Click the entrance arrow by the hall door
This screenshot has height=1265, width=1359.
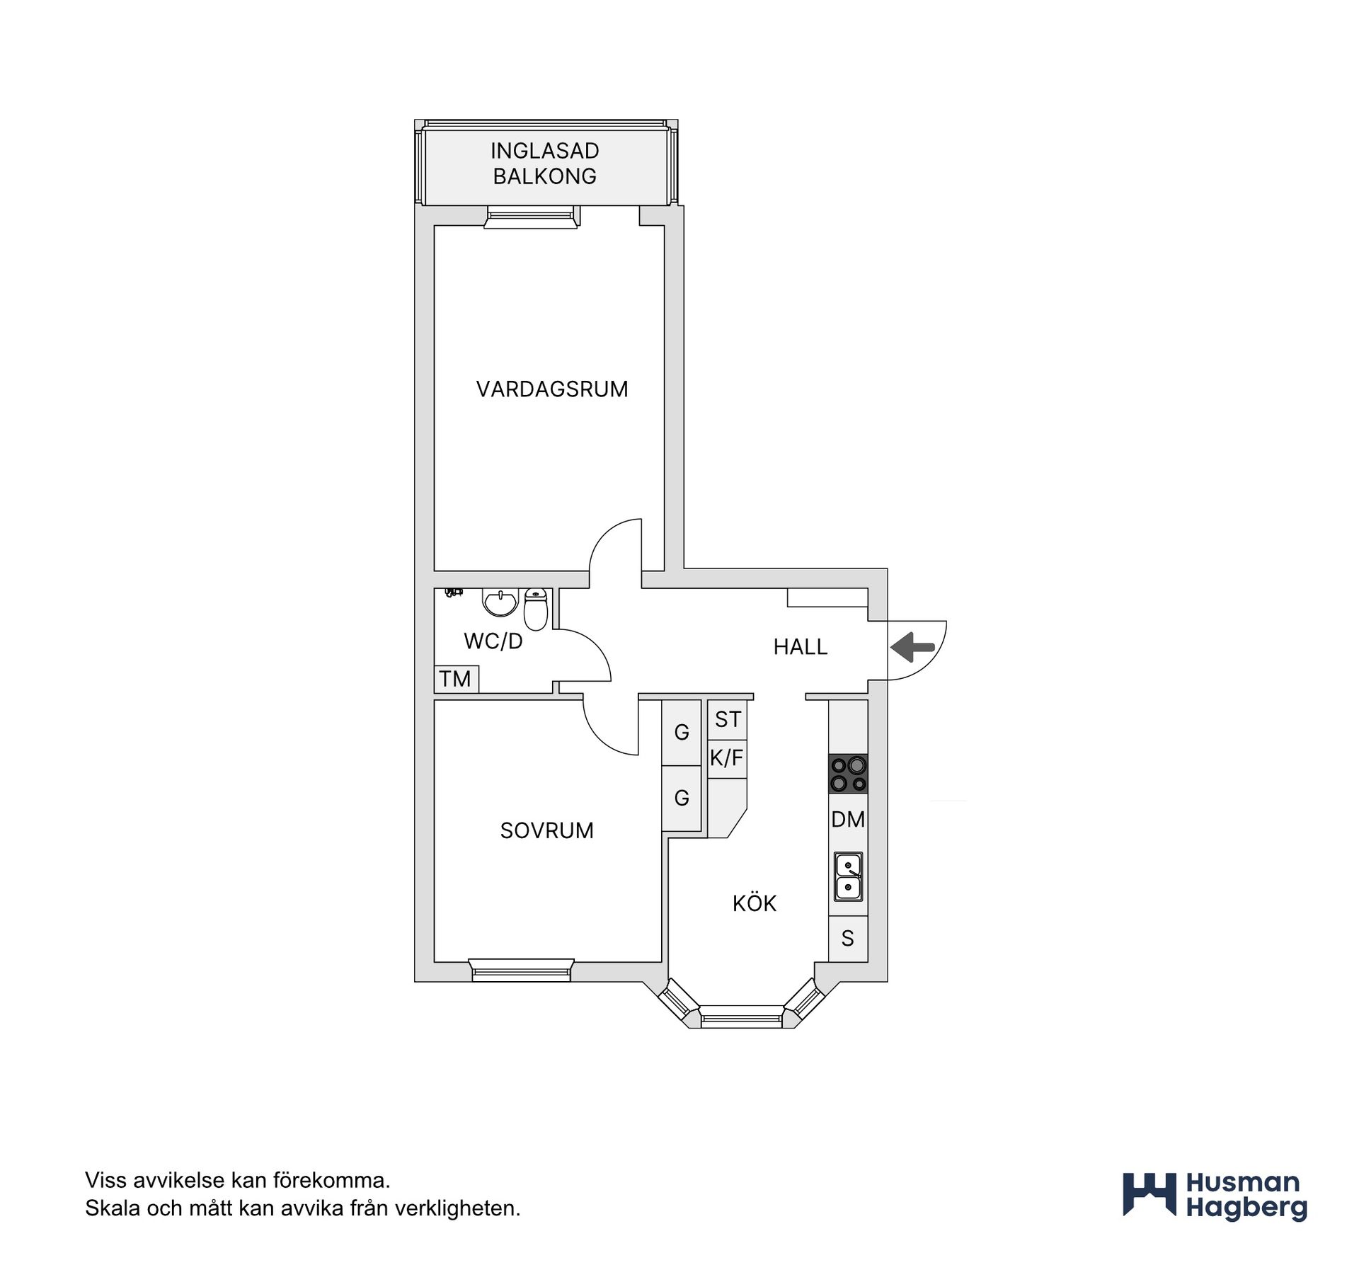pyautogui.click(x=912, y=647)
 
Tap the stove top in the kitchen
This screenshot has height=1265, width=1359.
pyautogui.click(x=848, y=774)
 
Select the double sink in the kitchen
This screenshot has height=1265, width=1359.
pyautogui.click(x=848, y=876)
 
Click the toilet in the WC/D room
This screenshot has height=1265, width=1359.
pyautogui.click(x=536, y=609)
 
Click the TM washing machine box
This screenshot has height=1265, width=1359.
pyautogui.click(x=457, y=679)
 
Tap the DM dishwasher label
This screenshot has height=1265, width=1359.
pyautogui.click(x=848, y=820)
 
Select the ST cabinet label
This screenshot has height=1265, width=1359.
pyautogui.click(x=727, y=719)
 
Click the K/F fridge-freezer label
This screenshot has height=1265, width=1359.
pyautogui.click(x=727, y=758)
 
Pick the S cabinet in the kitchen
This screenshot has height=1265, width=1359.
pyautogui.click(x=848, y=939)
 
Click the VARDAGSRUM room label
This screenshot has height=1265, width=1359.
pyautogui.click(x=552, y=389)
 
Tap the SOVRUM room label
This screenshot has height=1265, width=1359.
pyautogui.click(x=547, y=830)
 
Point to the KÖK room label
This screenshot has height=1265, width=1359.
pyautogui.click(x=755, y=903)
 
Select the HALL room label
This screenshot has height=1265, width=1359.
pyautogui.click(x=801, y=647)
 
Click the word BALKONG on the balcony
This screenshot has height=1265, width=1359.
pyautogui.click(x=545, y=176)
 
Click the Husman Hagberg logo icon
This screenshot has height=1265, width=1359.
pyautogui.click(x=1149, y=1196)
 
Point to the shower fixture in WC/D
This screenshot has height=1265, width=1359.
pyautogui.click(x=454, y=593)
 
